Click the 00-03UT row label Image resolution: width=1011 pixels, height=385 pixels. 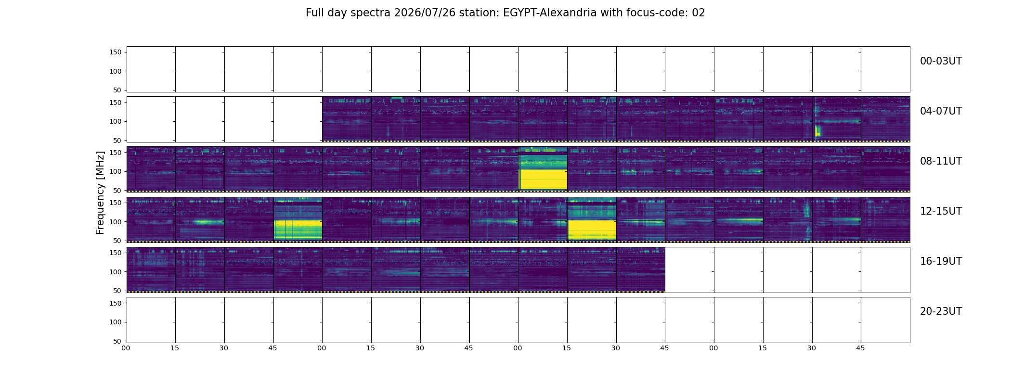pyautogui.click(x=941, y=61)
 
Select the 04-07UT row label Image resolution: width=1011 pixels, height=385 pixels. pyautogui.click(x=941, y=111)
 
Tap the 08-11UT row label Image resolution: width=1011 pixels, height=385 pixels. pyautogui.click(x=941, y=161)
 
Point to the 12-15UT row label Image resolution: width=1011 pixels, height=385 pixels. pyautogui.click(x=941, y=211)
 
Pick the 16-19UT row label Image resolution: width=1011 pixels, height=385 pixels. pyautogui.click(x=941, y=261)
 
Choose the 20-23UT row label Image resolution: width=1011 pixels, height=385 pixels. pyautogui.click(x=941, y=311)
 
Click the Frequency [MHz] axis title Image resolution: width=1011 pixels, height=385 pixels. pyautogui.click(x=100, y=192)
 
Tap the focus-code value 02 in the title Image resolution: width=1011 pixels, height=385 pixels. pyautogui.click(x=699, y=13)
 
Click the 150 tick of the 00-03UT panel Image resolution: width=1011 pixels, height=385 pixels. pyautogui.click(x=116, y=52)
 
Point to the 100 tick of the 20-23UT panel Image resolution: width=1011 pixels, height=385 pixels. pyautogui.click(x=116, y=322)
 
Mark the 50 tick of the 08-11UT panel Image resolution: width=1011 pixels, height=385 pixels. pyautogui.click(x=117, y=191)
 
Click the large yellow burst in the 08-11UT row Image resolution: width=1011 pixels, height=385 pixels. pyautogui.click(x=543, y=179)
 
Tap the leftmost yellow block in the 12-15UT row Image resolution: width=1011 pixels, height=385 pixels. pyautogui.click(x=298, y=230)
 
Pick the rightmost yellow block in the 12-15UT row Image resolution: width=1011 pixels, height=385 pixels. pyautogui.click(x=592, y=230)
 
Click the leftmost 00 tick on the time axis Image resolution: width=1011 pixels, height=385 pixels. pyautogui.click(x=126, y=348)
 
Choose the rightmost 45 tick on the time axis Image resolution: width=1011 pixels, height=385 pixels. pyautogui.click(x=860, y=348)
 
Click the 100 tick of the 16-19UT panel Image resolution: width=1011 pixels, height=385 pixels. pyautogui.click(x=116, y=272)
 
